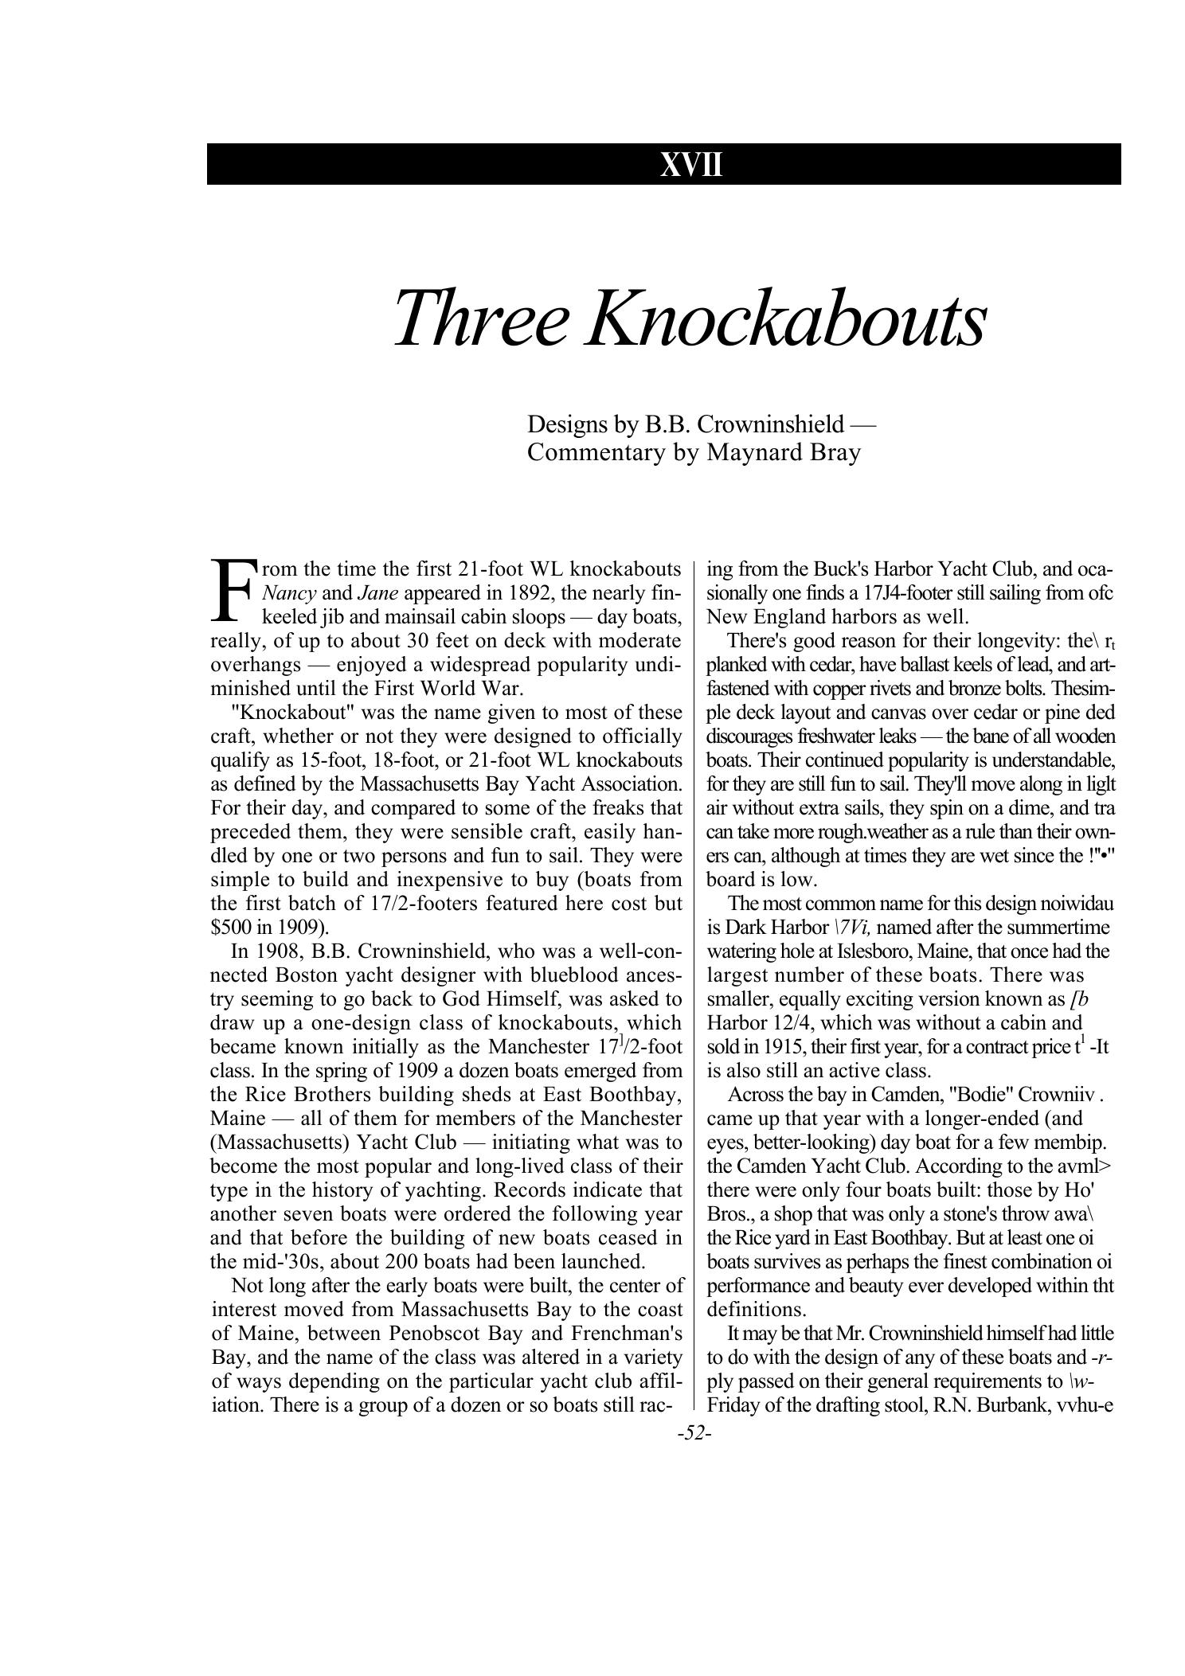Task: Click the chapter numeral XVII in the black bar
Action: point(691,165)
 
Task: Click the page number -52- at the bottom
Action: point(693,1434)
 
